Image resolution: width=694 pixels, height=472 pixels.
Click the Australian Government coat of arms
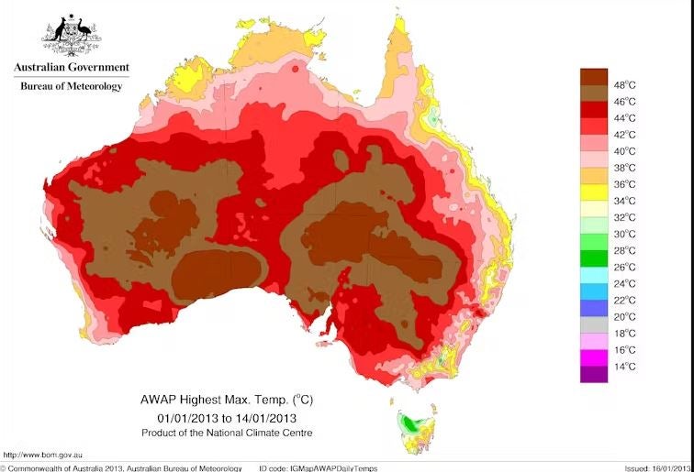click(71, 37)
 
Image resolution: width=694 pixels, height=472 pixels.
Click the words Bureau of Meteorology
click(71, 86)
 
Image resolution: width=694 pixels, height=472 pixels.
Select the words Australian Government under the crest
click(71, 67)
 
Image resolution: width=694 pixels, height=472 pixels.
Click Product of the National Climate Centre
click(227, 432)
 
